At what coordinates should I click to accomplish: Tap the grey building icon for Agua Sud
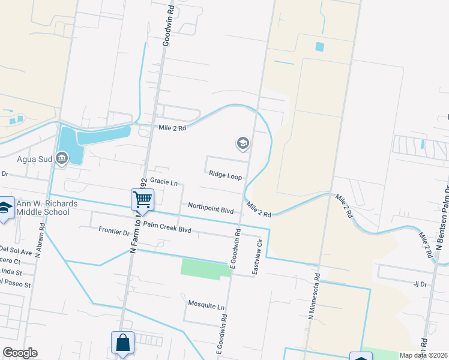pyautogui.click(x=61, y=158)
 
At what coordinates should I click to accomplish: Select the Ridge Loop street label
pyautogui.click(x=225, y=175)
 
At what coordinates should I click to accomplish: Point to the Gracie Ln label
pyautogui.click(x=164, y=181)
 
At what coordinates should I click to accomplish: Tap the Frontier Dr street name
pyautogui.click(x=114, y=232)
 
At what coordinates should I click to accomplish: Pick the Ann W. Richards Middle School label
pyautogui.click(x=47, y=208)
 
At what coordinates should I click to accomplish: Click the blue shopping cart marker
pyautogui.click(x=143, y=199)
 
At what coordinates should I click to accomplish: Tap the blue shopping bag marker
pyautogui.click(x=122, y=343)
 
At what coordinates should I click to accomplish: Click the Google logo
pyautogui.click(x=19, y=353)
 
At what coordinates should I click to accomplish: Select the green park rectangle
pyautogui.click(x=206, y=268)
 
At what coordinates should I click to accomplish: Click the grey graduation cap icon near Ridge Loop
pyautogui.click(x=243, y=143)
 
